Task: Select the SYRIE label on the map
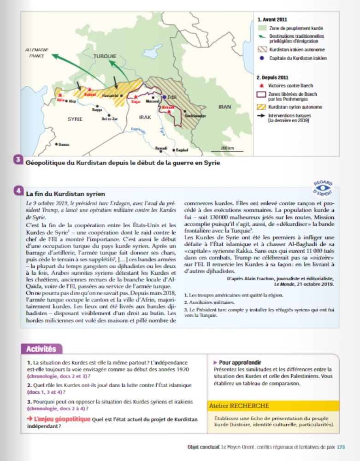coord(75,119)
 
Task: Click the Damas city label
coord(64,144)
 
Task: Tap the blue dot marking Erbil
coord(165,97)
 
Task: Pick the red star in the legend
coord(262,85)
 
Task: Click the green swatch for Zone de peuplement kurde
coord(261,29)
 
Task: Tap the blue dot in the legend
coord(262,58)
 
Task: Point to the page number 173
coord(341,447)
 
